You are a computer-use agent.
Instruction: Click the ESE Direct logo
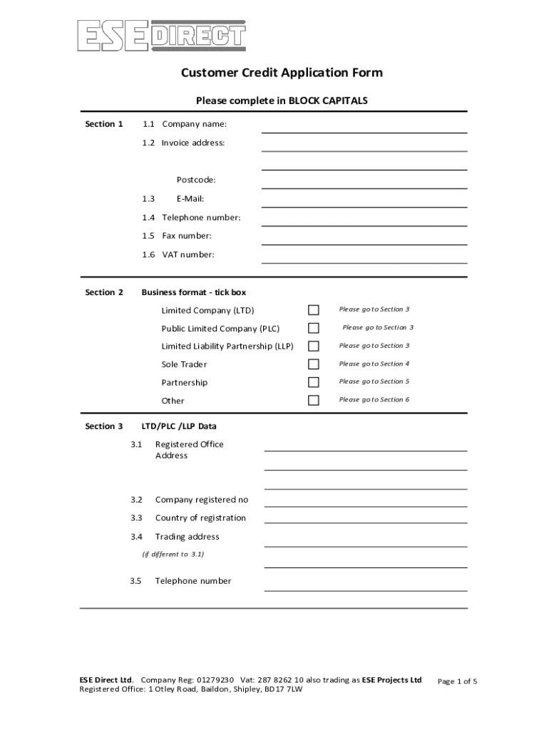click(161, 36)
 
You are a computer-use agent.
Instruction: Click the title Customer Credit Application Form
click(281, 73)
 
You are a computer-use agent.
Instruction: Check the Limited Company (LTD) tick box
click(314, 310)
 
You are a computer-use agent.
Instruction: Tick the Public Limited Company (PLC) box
click(314, 328)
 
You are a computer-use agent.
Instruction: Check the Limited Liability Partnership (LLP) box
click(314, 346)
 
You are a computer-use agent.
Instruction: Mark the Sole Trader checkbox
click(314, 364)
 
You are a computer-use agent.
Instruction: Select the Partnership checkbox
click(314, 382)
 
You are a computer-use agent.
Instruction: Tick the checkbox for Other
click(314, 400)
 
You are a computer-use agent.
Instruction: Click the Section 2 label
click(104, 292)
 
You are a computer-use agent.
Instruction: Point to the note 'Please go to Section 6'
click(374, 400)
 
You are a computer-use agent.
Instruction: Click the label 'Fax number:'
click(186, 236)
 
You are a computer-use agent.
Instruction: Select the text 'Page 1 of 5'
click(457, 682)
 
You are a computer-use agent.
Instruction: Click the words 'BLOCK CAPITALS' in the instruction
click(328, 101)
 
